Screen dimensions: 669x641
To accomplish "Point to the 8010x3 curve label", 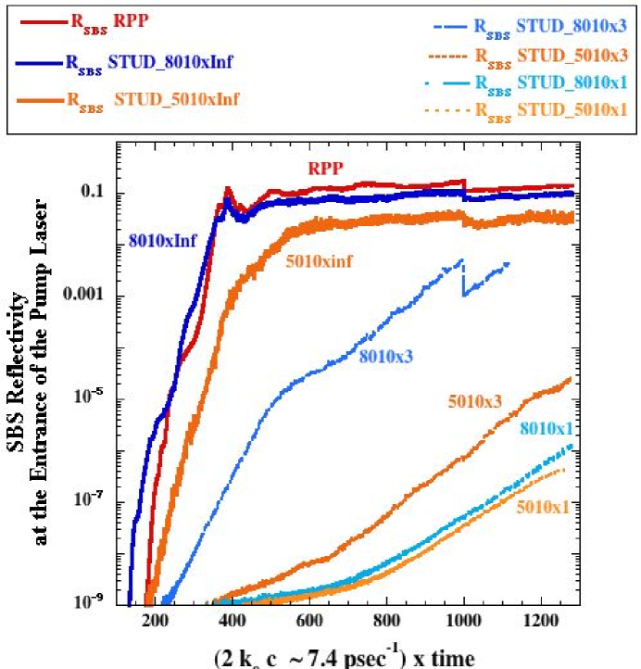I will coord(385,356).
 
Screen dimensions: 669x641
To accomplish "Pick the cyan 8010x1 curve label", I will coord(546,428).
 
